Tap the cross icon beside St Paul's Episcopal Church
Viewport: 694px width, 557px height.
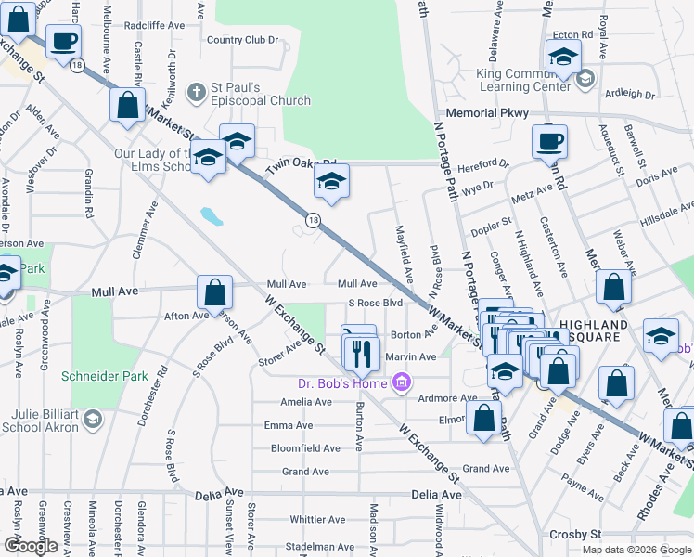click(x=196, y=93)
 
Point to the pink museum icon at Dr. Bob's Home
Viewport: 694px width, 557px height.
click(x=401, y=382)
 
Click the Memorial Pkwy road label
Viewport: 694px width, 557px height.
click(x=487, y=112)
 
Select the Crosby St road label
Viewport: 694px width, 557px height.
click(x=575, y=535)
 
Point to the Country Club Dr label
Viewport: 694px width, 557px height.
click(x=242, y=40)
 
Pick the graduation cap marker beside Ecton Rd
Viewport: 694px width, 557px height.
click(x=563, y=57)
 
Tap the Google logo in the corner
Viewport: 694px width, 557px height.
click(x=31, y=545)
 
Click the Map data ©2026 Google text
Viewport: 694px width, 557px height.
click(x=636, y=550)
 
